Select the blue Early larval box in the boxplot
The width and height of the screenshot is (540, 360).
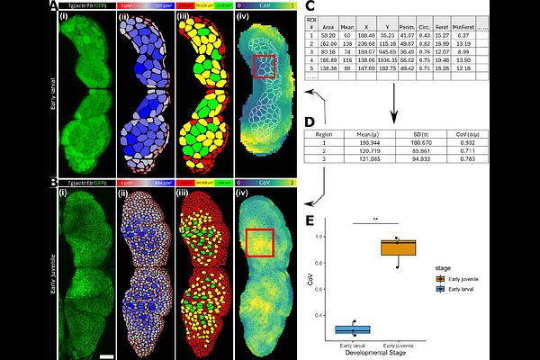pyautogui.click(x=353, y=329)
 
